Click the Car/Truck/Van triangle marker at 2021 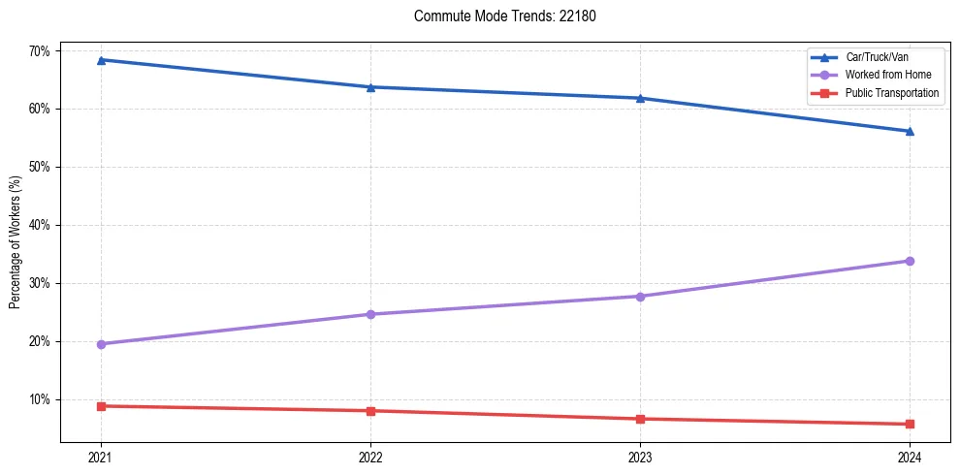click(x=101, y=60)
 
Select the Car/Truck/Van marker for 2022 click(x=370, y=87)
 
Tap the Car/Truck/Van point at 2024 click(x=910, y=131)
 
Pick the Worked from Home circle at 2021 click(x=101, y=344)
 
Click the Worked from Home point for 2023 click(x=640, y=296)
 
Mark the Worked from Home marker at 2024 click(x=910, y=261)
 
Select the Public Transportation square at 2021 click(x=101, y=406)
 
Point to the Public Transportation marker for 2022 click(x=370, y=411)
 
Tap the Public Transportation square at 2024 click(x=910, y=424)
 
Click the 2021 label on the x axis click(x=101, y=458)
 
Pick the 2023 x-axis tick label click(x=640, y=458)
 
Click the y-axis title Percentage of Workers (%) click(x=16, y=242)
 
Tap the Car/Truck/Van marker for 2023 click(x=640, y=98)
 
